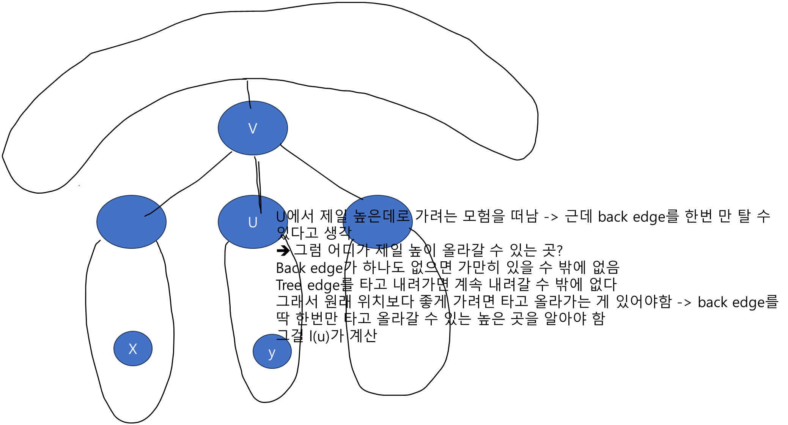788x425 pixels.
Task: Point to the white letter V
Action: point(253,128)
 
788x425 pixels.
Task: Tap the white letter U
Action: point(253,223)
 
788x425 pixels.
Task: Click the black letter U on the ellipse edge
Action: point(281,217)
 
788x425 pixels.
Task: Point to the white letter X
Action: point(133,349)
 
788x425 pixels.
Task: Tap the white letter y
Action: point(272,353)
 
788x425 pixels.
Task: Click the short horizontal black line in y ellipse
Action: point(281,339)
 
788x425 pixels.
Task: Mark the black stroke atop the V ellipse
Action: point(250,104)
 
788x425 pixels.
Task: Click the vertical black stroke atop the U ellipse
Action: point(260,204)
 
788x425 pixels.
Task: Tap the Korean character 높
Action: point(360,216)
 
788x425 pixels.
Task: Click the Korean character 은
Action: point(374,216)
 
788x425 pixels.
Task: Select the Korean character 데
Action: point(389,216)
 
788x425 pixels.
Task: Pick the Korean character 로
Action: point(403,216)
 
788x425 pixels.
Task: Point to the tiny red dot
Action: point(79,185)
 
